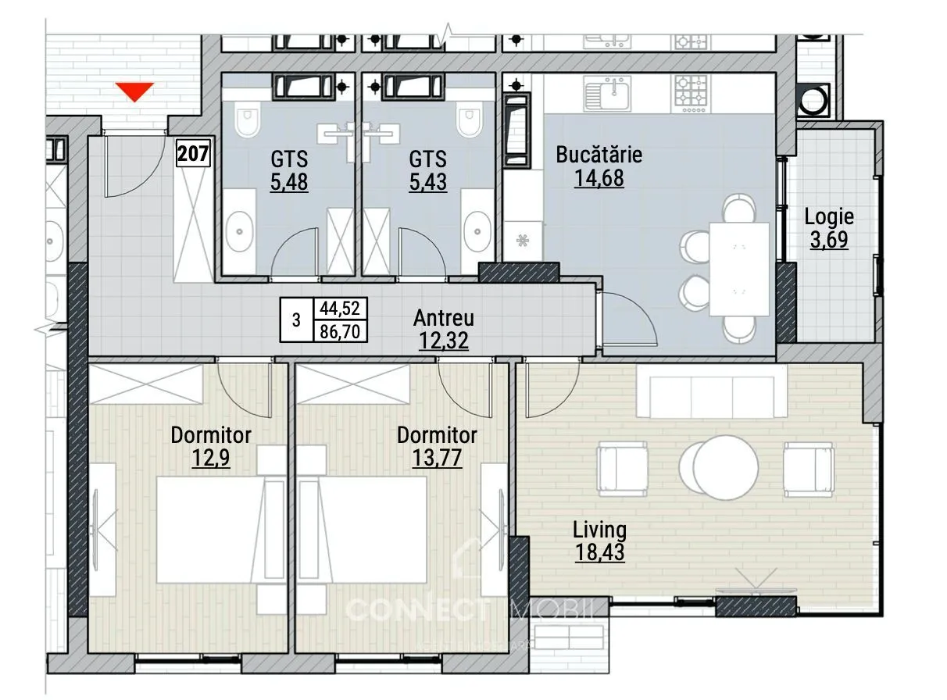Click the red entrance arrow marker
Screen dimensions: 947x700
(x=135, y=91)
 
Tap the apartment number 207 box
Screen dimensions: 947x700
(x=194, y=153)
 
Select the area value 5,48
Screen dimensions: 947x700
(x=289, y=182)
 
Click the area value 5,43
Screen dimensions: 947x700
(x=428, y=182)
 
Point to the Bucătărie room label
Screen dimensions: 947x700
(x=599, y=154)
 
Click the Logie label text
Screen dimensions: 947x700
(x=829, y=216)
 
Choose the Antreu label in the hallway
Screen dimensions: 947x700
(x=444, y=318)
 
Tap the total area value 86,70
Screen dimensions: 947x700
(x=340, y=331)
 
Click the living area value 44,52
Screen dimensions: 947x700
(x=340, y=308)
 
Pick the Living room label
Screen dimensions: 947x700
(x=599, y=530)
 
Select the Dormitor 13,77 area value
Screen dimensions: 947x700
(x=437, y=458)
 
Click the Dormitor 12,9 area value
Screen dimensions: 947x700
(x=210, y=458)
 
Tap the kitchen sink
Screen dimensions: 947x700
(x=607, y=95)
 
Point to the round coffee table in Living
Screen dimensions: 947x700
(x=719, y=467)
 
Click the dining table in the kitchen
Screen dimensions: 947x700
(x=739, y=269)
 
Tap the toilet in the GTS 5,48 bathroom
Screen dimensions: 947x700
(x=247, y=120)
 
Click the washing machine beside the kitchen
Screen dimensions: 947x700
(x=814, y=100)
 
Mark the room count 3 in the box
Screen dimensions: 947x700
(x=296, y=320)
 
